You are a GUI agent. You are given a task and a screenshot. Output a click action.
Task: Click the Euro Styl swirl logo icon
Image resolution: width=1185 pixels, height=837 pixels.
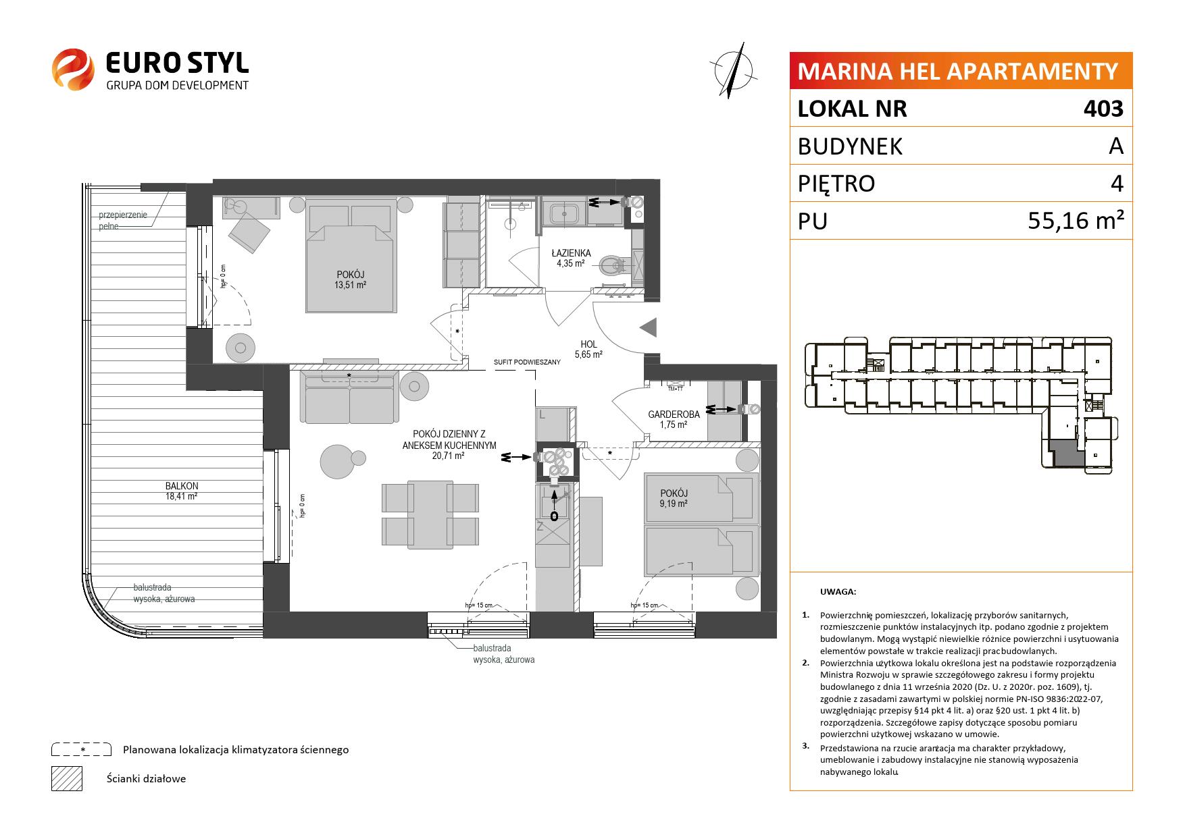(x=73, y=69)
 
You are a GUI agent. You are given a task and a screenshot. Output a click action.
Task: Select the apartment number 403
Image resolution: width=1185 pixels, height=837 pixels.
(x=1103, y=109)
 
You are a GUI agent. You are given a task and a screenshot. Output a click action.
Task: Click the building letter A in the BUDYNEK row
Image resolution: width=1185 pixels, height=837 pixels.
(x=1116, y=146)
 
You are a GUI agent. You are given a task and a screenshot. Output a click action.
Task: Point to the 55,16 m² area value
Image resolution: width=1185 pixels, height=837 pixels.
(x=1076, y=221)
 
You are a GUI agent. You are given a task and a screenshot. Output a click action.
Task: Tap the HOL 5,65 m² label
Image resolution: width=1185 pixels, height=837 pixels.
(x=588, y=349)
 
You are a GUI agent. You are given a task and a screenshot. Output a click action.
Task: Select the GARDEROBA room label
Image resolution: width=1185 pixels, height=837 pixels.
(x=674, y=414)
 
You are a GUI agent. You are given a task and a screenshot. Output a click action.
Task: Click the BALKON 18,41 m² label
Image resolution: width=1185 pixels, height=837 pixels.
(x=182, y=491)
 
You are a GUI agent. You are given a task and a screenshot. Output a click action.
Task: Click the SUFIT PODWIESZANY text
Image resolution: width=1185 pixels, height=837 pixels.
(x=527, y=362)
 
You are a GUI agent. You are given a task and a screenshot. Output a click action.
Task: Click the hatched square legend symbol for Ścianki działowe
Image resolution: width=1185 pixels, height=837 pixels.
(x=66, y=778)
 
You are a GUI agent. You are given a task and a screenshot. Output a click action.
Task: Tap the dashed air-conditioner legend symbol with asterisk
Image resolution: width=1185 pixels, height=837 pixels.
(x=81, y=749)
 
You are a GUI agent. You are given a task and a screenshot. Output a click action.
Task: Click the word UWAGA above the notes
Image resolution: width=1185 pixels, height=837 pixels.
(x=838, y=592)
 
